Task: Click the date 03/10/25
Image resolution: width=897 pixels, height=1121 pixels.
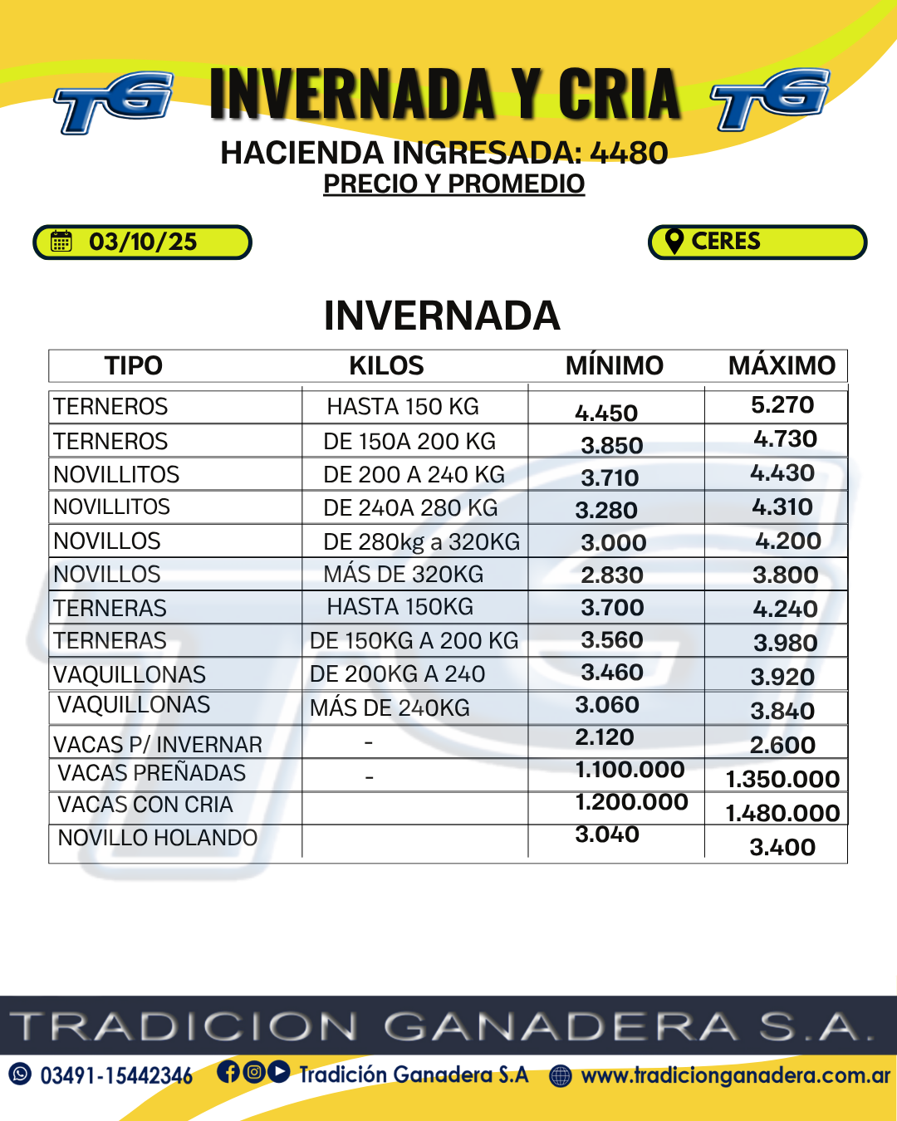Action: point(143,242)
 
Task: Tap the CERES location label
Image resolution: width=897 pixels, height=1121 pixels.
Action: point(726,241)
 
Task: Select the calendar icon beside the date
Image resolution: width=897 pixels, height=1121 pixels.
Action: point(61,242)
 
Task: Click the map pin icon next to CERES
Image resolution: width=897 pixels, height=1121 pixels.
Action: point(674,241)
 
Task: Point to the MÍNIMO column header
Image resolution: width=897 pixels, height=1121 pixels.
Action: point(614,365)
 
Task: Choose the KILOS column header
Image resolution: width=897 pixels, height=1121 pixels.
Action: point(386,365)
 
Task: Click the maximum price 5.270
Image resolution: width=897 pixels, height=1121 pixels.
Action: point(782,405)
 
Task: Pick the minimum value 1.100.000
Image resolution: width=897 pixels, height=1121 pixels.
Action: point(630,770)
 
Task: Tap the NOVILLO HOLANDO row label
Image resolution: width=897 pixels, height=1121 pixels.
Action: point(157,838)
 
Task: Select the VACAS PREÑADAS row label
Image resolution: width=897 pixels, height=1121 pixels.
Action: point(151,773)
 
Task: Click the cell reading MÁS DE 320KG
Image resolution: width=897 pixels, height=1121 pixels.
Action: point(404,574)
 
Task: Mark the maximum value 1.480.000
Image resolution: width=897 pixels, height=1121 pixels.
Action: point(782,813)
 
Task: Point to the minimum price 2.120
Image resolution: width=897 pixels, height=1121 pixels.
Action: point(605,737)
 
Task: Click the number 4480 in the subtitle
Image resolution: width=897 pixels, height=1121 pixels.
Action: point(629,153)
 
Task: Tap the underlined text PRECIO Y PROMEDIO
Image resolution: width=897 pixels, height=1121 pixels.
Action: point(453,184)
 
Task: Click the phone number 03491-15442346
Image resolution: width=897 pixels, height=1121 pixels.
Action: point(116,1076)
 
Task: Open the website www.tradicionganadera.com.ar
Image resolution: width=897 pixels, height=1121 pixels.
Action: point(735,1075)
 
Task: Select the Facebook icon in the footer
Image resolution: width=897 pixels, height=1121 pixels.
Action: point(228,1072)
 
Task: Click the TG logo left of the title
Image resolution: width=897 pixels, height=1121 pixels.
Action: point(114,101)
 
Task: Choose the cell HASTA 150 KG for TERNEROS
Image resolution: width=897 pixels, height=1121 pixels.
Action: point(403,406)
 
